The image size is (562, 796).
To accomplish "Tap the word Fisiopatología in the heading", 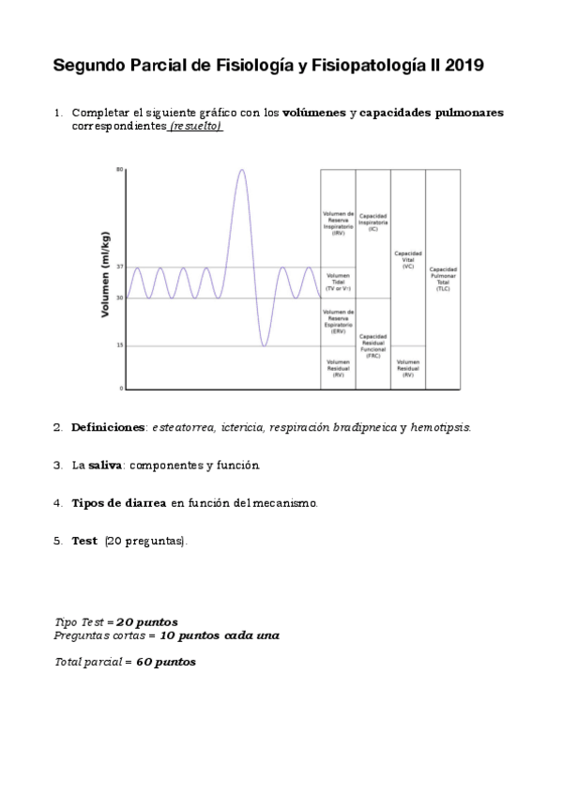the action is pyautogui.click(x=352, y=66).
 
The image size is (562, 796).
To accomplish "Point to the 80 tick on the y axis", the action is pyautogui.click(x=119, y=169).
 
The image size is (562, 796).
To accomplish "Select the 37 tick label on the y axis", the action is pyautogui.click(x=119, y=268).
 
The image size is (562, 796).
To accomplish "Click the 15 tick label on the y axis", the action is pyautogui.click(x=119, y=345).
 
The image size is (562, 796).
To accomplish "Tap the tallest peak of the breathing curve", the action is pyautogui.click(x=242, y=171).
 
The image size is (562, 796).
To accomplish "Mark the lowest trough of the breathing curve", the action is pyautogui.click(x=265, y=345).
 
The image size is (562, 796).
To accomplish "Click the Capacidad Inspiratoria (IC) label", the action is pyautogui.click(x=373, y=222).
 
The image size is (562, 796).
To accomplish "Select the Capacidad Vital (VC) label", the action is pyautogui.click(x=408, y=259).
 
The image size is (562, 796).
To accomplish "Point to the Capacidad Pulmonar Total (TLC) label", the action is pyautogui.click(x=443, y=279).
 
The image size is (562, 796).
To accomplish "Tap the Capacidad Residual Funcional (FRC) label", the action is pyautogui.click(x=373, y=346).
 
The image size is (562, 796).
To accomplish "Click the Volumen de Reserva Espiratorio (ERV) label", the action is pyautogui.click(x=338, y=321).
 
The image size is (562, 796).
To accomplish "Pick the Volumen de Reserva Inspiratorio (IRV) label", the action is pyautogui.click(x=338, y=222).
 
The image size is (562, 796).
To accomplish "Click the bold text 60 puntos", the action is pyautogui.click(x=167, y=662).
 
